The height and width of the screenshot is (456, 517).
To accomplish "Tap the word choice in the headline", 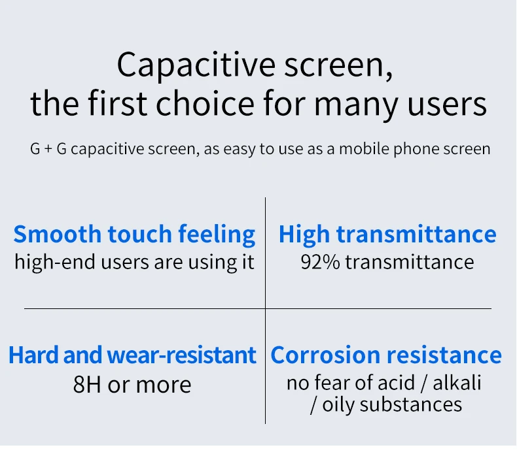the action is [x=205, y=104].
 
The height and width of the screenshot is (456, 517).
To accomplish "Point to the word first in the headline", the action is [x=117, y=103].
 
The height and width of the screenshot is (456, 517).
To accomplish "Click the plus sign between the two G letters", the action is [x=48, y=149].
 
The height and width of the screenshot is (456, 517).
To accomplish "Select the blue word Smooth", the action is [x=57, y=234].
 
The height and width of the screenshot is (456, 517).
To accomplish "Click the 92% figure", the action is [x=320, y=263].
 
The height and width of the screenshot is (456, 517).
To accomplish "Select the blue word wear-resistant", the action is [x=182, y=355].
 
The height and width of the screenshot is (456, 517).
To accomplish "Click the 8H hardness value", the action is [x=87, y=385].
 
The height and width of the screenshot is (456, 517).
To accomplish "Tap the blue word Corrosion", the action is [x=325, y=355].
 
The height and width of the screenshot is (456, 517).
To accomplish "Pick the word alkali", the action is [x=457, y=383].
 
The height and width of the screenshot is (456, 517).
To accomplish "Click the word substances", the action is [x=410, y=404].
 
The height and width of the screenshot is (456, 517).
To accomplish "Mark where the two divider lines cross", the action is [x=266, y=309].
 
